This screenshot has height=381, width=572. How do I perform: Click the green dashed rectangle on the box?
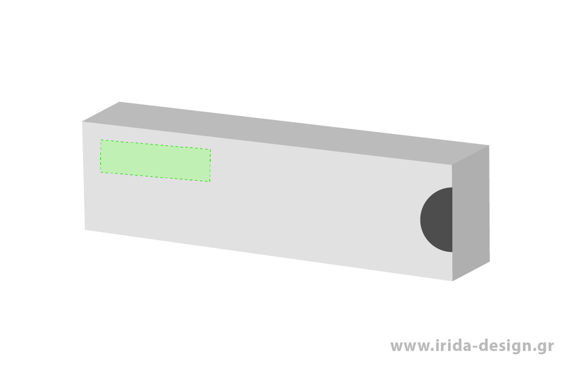155,160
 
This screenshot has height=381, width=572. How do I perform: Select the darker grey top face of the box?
286,133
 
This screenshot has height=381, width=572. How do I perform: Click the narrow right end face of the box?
470,213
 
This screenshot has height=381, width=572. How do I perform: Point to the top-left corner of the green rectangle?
101,140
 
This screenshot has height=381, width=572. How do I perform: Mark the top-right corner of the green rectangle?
210,149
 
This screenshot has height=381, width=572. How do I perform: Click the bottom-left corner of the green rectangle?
101,172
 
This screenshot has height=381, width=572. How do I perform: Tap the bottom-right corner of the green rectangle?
210,181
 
